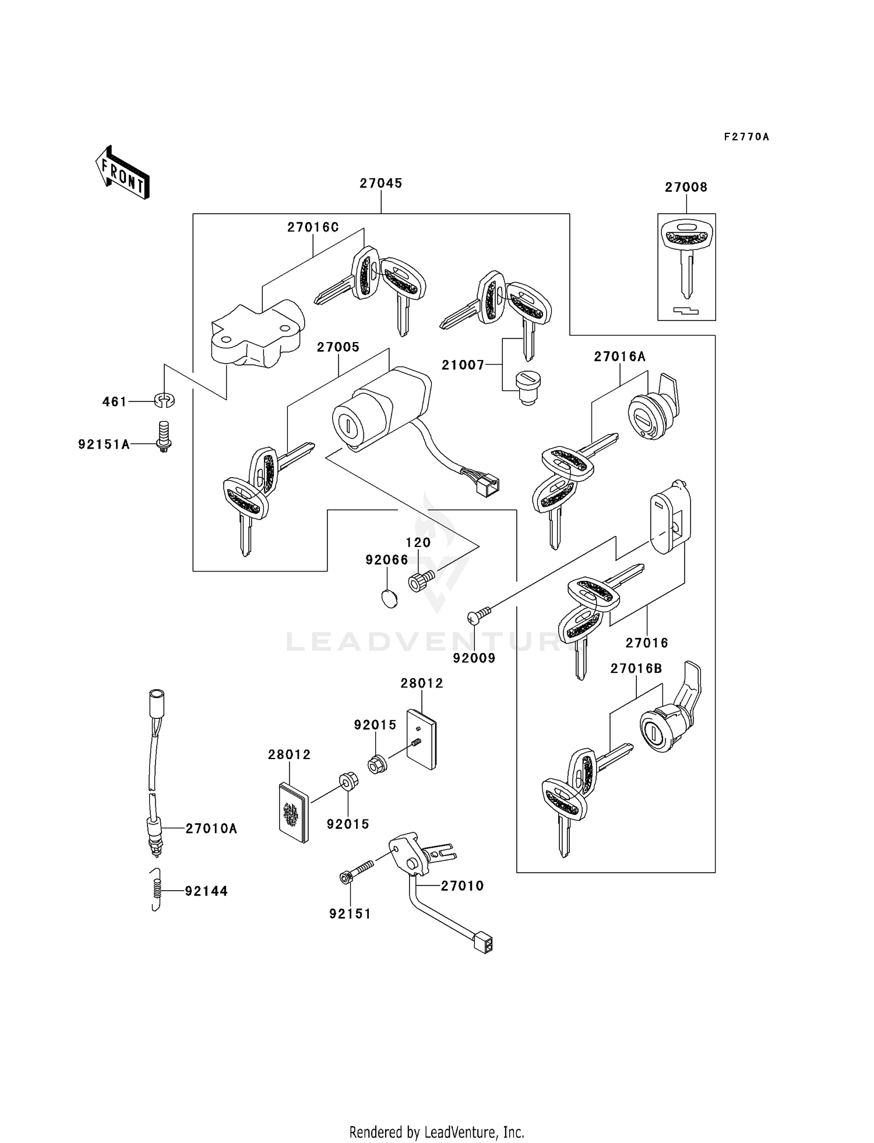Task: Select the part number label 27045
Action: pyautogui.click(x=380, y=183)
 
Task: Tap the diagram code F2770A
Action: pyautogui.click(x=746, y=137)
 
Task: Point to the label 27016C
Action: pyautogui.click(x=312, y=227)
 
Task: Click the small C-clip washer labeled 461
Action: pyautogui.click(x=165, y=400)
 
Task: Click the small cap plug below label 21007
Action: pyautogui.click(x=528, y=387)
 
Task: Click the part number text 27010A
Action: pyautogui.click(x=211, y=828)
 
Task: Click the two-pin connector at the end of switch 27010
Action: pyautogui.click(x=484, y=944)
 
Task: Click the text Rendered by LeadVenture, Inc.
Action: pyautogui.click(x=436, y=1132)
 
